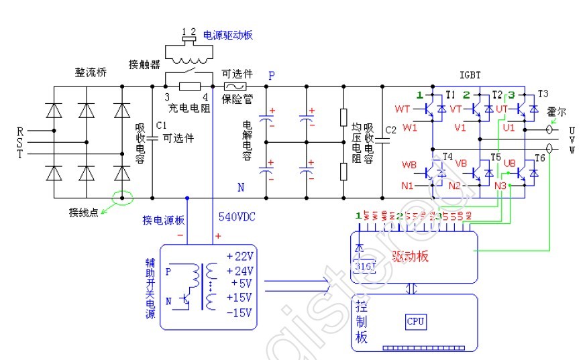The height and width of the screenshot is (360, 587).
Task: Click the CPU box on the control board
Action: coord(416,321)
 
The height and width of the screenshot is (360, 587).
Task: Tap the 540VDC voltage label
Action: coord(235,217)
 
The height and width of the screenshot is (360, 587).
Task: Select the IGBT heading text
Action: coord(471,74)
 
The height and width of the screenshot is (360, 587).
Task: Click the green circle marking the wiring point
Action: coord(123,198)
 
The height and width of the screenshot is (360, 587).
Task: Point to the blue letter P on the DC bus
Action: coord(272,76)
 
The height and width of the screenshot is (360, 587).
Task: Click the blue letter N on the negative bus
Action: coord(240,186)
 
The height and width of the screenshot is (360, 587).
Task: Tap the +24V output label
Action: coord(240,272)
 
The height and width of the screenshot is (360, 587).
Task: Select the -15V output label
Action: coord(240,313)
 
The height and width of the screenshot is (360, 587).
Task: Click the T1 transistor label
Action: coord(450,94)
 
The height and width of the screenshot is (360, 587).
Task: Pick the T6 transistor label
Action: coord(540,158)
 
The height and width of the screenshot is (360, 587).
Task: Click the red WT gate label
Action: coord(403,109)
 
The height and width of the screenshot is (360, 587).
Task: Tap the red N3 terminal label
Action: coord(500,185)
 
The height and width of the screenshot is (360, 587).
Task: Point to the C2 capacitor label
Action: coord(392,129)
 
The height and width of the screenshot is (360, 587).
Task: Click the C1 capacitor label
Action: coord(160,125)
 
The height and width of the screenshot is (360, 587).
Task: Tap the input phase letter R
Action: coord(20,130)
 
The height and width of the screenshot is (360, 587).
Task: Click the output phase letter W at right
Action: coord(572,149)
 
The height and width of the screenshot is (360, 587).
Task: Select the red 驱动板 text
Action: coord(411,257)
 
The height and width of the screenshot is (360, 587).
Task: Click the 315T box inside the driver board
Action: coord(364,266)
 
